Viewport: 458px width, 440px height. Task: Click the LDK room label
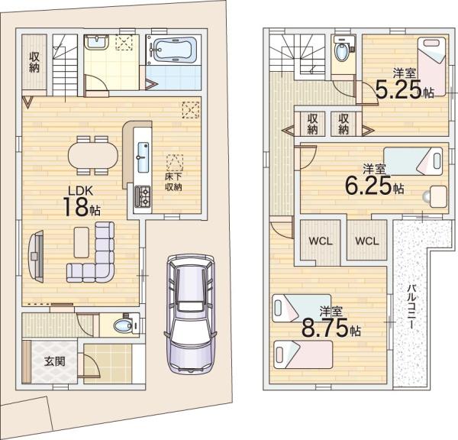click(81, 191)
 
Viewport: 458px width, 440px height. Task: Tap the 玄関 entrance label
click(55, 361)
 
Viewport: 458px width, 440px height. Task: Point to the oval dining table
click(93, 155)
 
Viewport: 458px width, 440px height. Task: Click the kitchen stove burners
click(143, 196)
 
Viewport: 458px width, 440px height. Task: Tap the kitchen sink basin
click(143, 157)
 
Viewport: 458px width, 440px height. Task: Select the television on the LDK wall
click(37, 257)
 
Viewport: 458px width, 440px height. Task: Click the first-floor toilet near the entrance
click(127, 325)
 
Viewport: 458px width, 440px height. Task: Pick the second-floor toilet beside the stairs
click(343, 50)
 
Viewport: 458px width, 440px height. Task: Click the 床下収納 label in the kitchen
click(174, 182)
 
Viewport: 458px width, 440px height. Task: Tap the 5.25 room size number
click(398, 89)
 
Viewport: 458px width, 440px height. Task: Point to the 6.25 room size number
click(368, 186)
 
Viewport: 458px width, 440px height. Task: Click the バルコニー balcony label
click(412, 306)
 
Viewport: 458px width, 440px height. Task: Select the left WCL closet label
click(321, 241)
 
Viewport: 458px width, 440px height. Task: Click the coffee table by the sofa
click(82, 242)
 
